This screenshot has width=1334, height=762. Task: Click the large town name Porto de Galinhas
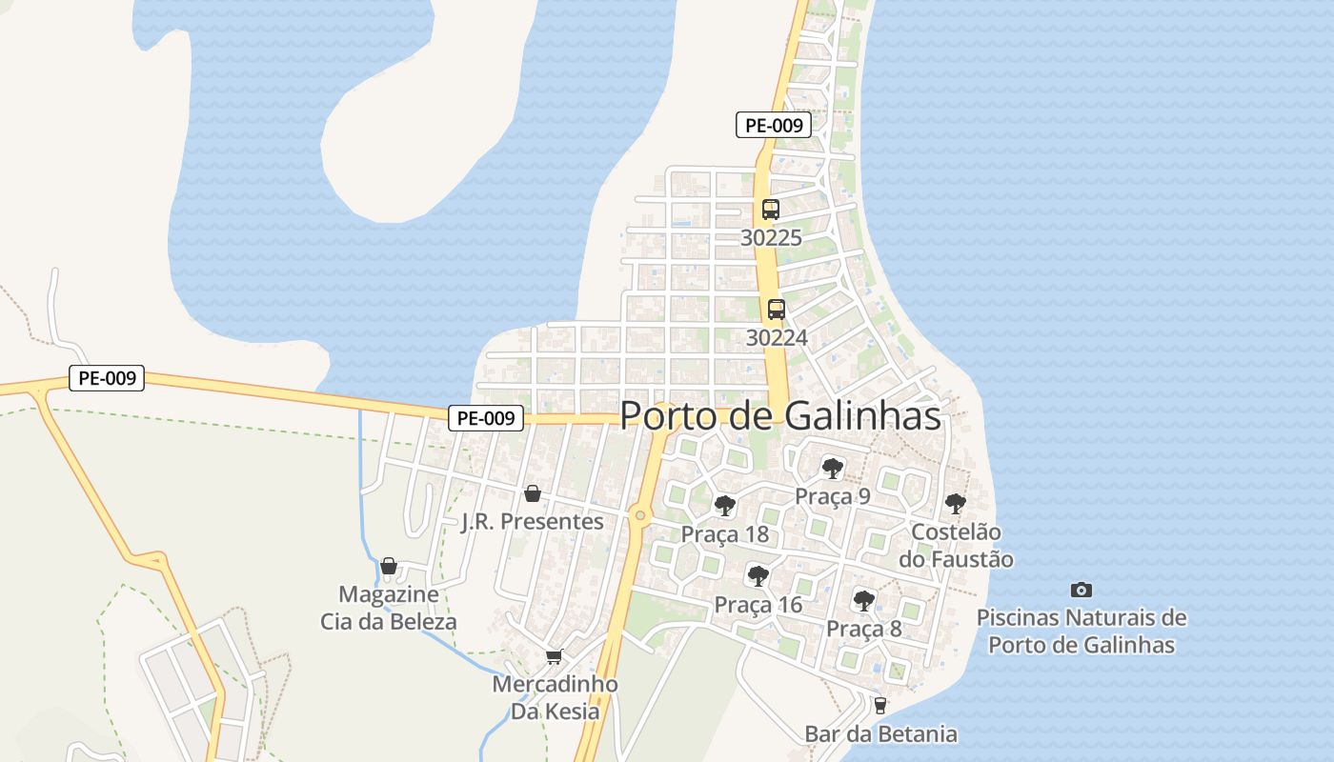(780, 416)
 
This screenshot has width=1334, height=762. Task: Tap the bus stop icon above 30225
(771, 210)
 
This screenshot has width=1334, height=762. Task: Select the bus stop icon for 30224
(777, 309)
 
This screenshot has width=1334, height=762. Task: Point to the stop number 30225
(771, 238)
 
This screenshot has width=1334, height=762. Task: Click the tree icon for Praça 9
(833, 468)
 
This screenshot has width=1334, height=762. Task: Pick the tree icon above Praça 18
(725, 505)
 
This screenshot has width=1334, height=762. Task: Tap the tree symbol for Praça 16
(758, 575)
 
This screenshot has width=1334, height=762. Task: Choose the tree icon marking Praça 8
(864, 600)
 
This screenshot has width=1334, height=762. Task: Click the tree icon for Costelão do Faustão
(956, 504)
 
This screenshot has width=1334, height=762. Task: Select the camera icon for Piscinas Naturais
(1081, 590)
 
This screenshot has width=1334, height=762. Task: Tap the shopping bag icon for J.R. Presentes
(533, 493)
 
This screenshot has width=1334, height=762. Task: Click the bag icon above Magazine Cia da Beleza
(388, 566)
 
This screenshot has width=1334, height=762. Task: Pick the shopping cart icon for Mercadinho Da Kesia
(554, 656)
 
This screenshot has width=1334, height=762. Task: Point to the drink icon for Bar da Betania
(879, 706)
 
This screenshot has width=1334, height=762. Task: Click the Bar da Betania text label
(880, 734)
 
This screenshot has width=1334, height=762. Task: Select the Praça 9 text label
(833, 496)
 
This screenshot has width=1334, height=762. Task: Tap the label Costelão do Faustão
(956, 546)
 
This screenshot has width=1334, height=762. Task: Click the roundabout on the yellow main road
(640, 515)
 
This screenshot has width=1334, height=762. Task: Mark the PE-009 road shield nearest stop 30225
(774, 125)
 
